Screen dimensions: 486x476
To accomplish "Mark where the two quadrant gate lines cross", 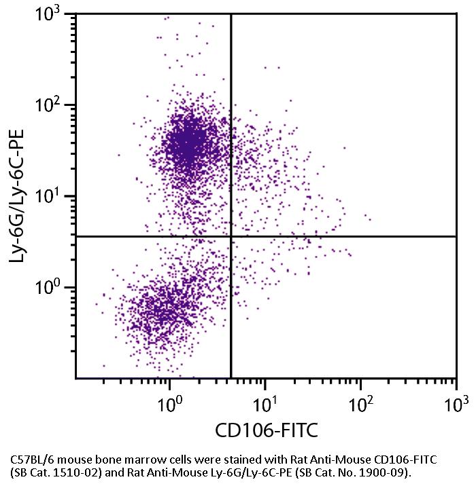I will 231,236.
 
